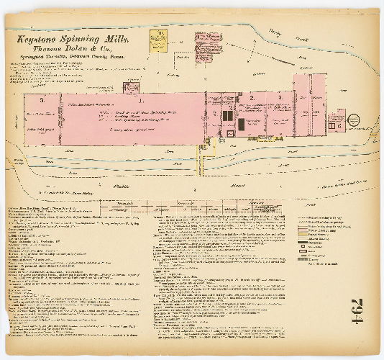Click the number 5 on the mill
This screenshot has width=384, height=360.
(42, 100)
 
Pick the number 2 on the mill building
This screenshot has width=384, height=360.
(252, 96)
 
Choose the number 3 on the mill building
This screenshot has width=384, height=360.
(279, 96)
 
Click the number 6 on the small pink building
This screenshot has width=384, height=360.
(339, 125)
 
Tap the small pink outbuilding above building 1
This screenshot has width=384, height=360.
(132, 87)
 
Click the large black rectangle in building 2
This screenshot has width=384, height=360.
(241, 124)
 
